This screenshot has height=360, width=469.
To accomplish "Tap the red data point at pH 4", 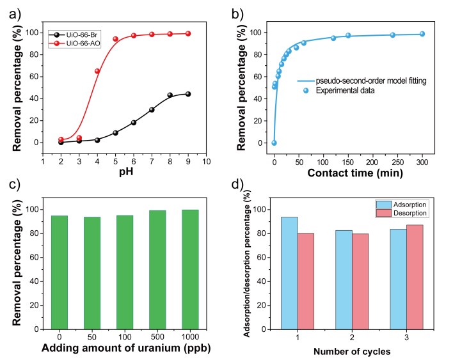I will tap(97, 71).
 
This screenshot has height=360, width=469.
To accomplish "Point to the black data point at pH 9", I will tap(188, 94).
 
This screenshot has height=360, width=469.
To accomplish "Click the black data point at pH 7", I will tap(152, 109).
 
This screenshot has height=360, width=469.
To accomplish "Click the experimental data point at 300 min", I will tap(422, 34).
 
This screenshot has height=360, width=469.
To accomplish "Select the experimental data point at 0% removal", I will tap(274, 143).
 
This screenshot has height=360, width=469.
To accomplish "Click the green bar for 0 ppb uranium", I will tap(60, 271).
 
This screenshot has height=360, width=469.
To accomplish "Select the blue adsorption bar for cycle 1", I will tap(289, 272).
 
